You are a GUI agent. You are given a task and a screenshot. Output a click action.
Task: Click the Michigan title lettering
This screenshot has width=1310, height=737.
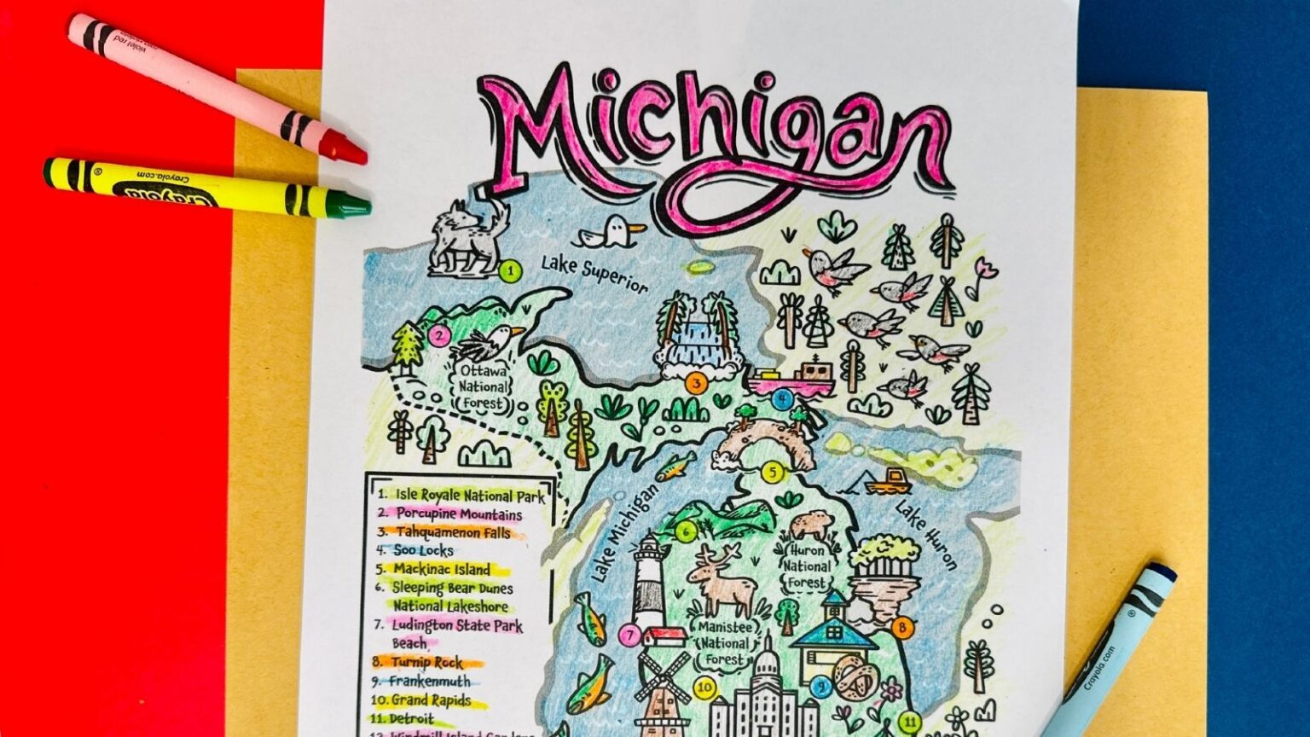click(712, 141)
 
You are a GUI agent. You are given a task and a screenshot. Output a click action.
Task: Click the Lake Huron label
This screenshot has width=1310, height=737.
click(925, 535)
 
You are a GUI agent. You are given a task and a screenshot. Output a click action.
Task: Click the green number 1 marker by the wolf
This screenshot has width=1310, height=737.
click(510, 272)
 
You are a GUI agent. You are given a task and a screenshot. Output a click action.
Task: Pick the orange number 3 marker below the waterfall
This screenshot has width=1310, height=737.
click(696, 384)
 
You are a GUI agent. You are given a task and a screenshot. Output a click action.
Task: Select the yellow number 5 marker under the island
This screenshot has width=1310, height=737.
click(772, 472)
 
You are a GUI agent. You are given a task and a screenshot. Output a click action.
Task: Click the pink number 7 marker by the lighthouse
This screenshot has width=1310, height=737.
click(629, 635)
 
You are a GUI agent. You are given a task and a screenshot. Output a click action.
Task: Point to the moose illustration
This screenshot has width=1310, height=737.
click(722, 580)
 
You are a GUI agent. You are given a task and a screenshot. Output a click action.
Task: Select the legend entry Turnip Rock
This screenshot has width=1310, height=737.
click(427, 662)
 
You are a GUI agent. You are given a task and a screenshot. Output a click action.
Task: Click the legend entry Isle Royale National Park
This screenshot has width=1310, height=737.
click(461, 495)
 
